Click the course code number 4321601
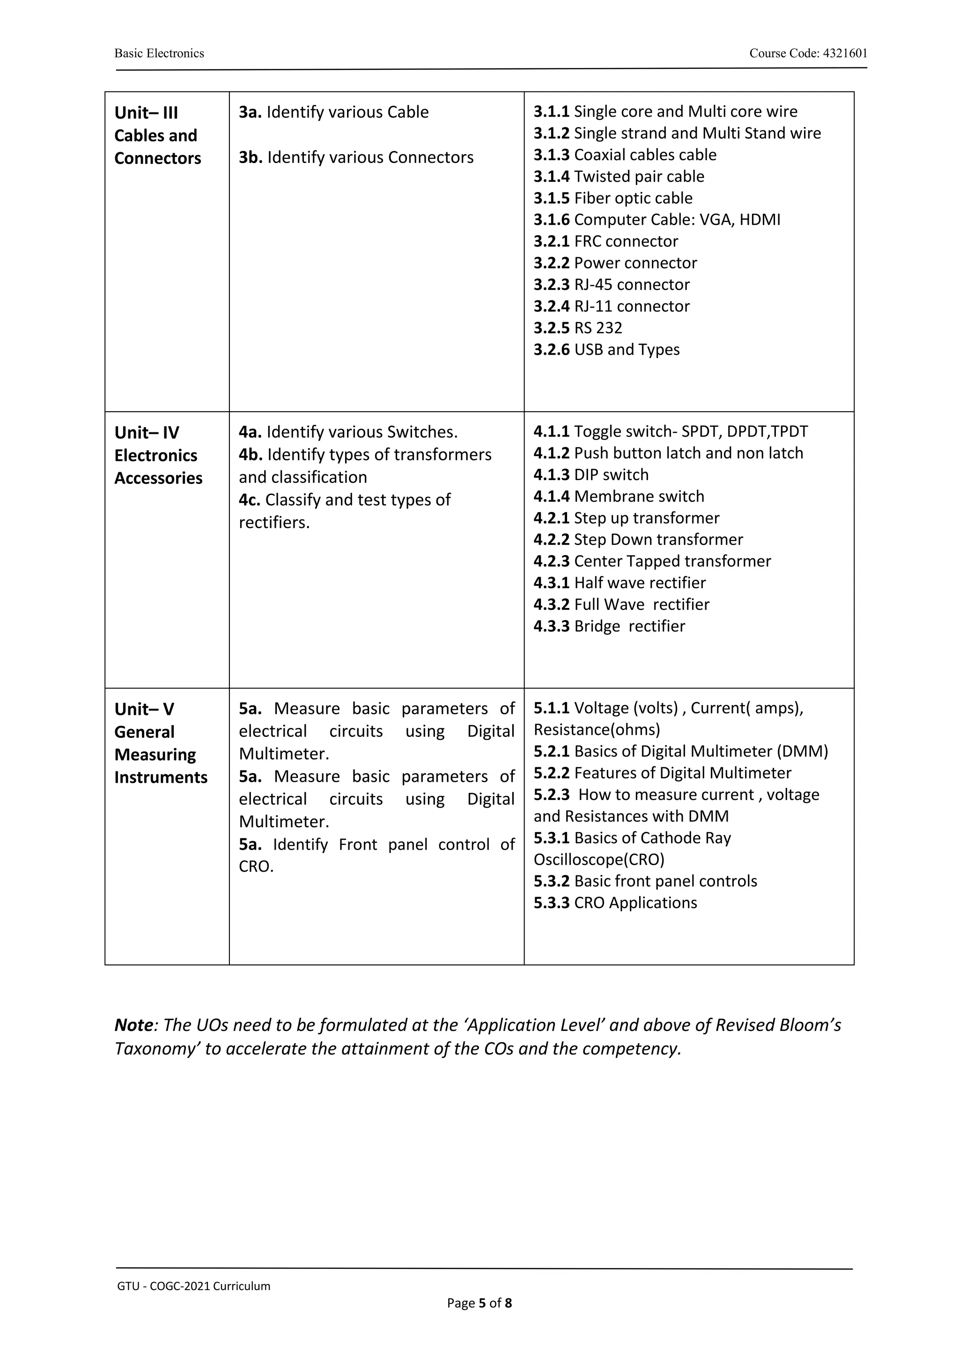coord(845,53)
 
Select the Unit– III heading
coord(146,113)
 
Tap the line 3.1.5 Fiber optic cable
coord(613,198)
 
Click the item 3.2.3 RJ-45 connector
coord(612,285)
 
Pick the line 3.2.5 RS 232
coord(577,328)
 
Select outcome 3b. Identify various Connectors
coord(356,157)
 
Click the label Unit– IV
coord(147,433)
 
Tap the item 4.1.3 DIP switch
coord(591,475)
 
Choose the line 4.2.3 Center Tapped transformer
coord(652,561)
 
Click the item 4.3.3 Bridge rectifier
coord(609,626)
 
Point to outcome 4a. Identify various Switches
coord(348,432)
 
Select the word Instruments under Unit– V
coord(161,777)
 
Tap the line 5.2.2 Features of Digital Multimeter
coord(662,773)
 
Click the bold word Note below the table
coord(133,1025)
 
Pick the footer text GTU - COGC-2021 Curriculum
coord(193,1286)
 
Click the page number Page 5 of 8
coord(479,1303)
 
